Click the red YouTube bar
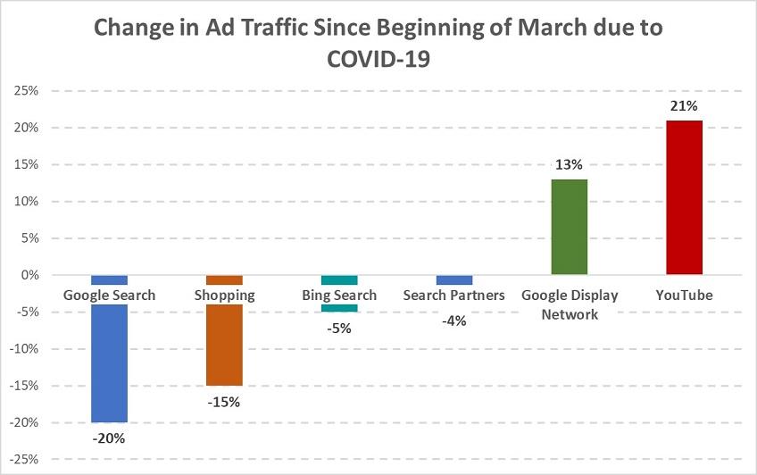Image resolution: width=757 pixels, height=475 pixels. tap(684, 197)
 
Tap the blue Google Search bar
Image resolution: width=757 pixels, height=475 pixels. tap(110, 362)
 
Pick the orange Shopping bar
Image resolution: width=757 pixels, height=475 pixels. tap(224, 344)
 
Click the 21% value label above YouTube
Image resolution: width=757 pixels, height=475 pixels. tap(684, 106)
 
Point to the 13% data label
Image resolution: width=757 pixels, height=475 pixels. tap(569, 165)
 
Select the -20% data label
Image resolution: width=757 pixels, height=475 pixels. tap(110, 438)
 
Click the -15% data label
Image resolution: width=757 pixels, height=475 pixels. tap(224, 401)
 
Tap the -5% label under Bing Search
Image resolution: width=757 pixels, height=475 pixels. tap(339, 328)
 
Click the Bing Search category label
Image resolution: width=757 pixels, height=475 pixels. tap(339, 296)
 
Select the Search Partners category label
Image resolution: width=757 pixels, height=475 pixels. tap(453, 296)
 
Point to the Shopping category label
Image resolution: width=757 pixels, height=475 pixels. tap(224, 296)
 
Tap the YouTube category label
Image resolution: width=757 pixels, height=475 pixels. tap(684, 296)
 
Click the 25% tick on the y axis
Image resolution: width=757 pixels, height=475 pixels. tap(24, 91)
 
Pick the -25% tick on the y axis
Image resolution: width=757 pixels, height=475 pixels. tap(22, 460)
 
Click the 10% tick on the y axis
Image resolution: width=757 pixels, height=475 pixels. tap(24, 202)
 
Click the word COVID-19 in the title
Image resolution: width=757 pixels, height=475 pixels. tap(378, 60)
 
